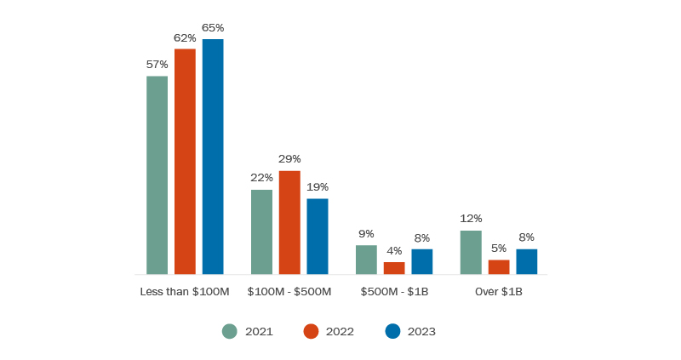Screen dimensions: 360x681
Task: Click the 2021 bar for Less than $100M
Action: [157, 175]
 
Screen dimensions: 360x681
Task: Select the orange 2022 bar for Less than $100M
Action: [185, 162]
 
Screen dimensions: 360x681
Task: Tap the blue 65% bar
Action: [213, 157]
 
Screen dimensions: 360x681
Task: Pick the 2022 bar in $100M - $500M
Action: [289, 222]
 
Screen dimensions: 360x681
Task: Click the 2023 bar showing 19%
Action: [318, 236]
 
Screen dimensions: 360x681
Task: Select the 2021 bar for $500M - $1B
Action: [366, 260]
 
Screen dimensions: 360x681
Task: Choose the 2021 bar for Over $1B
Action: [471, 252]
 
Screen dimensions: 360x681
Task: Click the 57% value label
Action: [157, 65]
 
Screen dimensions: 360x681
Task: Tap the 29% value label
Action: [289, 159]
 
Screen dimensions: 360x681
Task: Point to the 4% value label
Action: [394, 251]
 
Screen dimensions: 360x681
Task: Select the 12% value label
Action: [471, 219]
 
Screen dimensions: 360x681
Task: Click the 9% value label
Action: [366, 234]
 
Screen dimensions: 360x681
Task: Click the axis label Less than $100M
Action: [185, 292]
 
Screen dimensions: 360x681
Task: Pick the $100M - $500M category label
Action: [289, 292]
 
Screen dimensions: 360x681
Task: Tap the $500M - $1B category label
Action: [394, 292]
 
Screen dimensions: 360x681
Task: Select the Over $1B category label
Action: [499, 292]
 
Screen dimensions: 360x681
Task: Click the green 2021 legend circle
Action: [230, 332]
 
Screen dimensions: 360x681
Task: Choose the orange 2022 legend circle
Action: [311, 332]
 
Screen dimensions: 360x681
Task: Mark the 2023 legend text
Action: [421, 332]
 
